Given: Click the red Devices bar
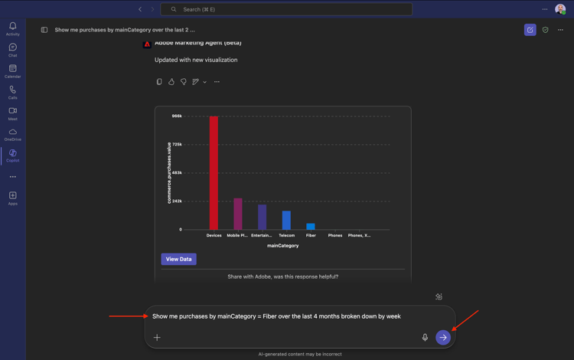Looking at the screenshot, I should point(214,173).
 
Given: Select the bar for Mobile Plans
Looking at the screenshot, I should point(238,214).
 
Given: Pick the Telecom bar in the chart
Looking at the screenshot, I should point(286,221).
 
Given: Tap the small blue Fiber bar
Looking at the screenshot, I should point(311,227).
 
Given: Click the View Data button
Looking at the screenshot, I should point(178,259).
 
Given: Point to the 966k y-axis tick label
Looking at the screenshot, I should point(177,116).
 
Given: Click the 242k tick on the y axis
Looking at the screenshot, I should point(177,201).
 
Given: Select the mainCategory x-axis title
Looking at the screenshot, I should point(282,246).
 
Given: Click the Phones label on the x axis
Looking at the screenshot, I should point(335,235).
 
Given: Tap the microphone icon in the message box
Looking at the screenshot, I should point(425,337).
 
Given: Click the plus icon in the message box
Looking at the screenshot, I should point(157,337).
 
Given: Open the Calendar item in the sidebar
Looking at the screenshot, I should point(13,71).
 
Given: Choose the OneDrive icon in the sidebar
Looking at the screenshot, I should point(13,135).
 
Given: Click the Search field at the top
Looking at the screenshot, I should point(286,9).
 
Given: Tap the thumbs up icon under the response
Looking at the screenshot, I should point(171,82).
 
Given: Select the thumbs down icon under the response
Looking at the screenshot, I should point(184,82).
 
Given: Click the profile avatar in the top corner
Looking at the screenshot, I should point(560,9).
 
